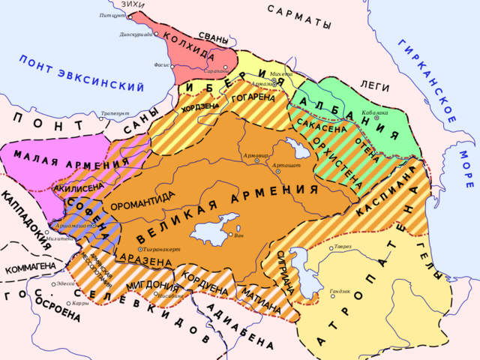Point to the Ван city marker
pos(231,235)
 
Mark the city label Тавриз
pos(343,247)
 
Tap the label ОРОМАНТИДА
pos(142,201)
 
